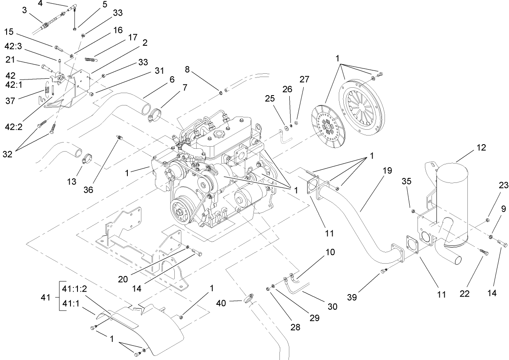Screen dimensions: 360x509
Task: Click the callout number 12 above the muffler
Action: pos(481,147)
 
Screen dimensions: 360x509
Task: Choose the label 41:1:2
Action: pos(75,289)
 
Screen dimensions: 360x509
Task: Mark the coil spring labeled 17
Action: pos(92,60)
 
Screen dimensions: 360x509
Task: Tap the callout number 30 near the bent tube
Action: pos(332,306)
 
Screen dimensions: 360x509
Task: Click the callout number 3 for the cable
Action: pos(25,10)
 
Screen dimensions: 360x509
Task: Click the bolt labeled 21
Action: pos(45,65)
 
